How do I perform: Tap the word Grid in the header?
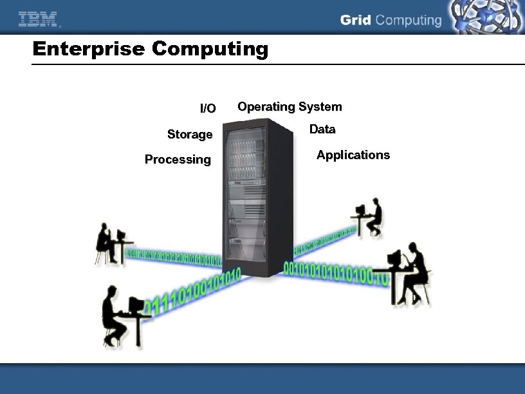click(x=356, y=20)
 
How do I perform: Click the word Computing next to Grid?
click(x=409, y=21)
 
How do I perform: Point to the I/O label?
click(x=208, y=108)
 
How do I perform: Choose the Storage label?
click(x=190, y=134)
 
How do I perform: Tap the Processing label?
click(x=178, y=159)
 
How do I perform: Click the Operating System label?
click(x=290, y=106)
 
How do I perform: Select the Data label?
click(x=322, y=129)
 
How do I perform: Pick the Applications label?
click(x=353, y=155)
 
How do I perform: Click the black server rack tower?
click(x=253, y=200)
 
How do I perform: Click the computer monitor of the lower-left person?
click(x=136, y=304)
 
